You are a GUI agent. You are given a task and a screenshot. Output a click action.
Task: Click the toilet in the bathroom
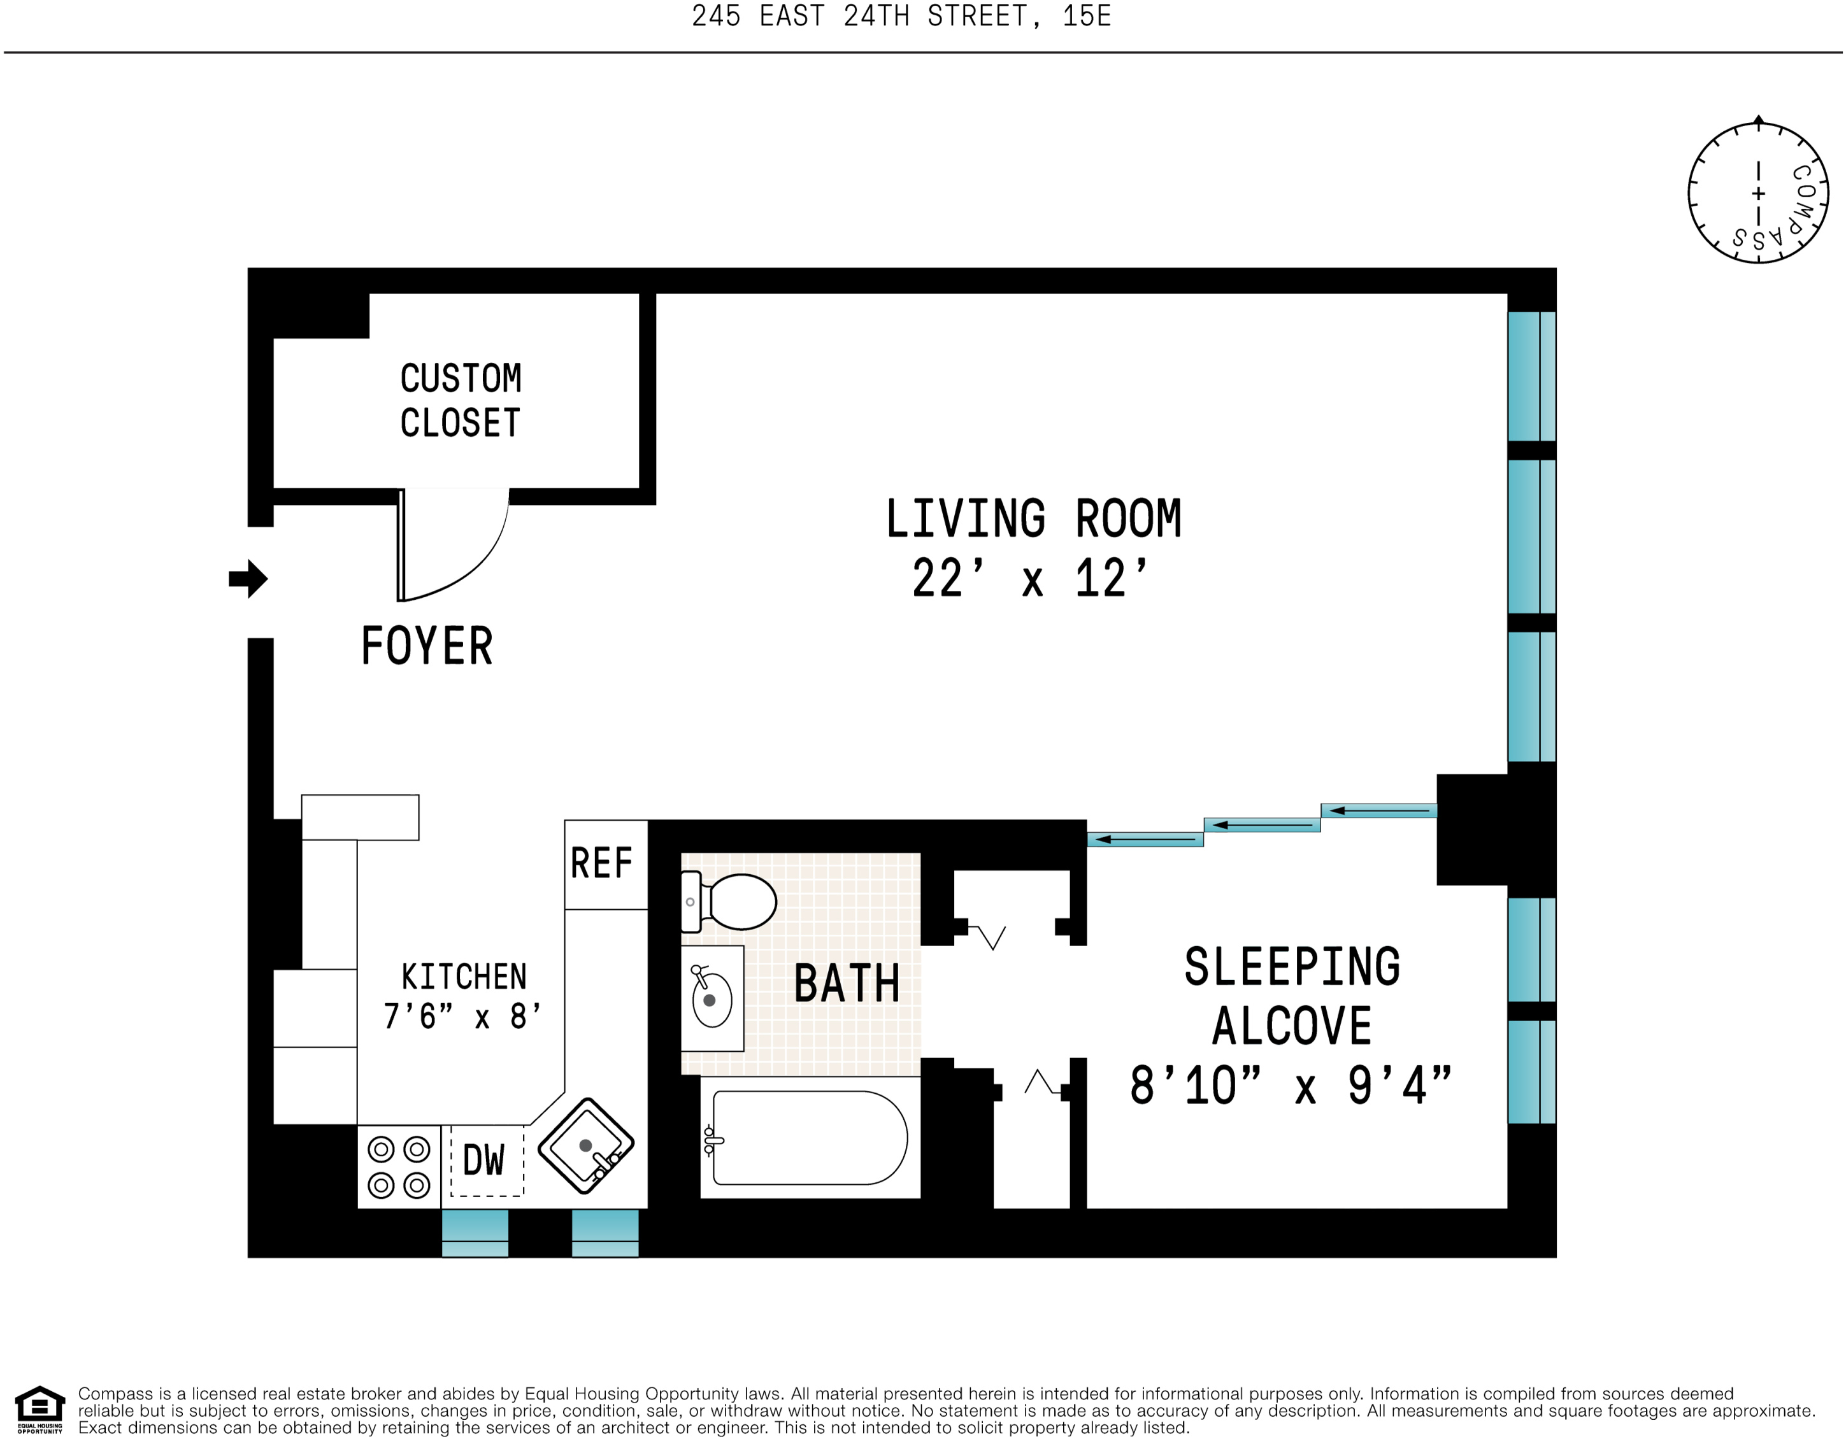point(729,902)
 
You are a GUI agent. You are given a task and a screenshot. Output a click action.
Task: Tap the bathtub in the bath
point(809,1137)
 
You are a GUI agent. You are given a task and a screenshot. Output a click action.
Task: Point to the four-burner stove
point(399,1166)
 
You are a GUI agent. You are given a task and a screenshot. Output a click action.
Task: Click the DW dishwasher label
point(483,1160)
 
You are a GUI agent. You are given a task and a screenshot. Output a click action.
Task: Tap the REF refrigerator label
point(601,863)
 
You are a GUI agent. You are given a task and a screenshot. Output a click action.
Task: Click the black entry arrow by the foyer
point(248,579)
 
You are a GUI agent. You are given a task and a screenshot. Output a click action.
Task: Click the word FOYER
point(427,646)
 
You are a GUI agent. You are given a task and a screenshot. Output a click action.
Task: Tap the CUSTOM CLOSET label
point(461,400)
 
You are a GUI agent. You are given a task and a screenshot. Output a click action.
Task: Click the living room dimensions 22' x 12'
point(1031,579)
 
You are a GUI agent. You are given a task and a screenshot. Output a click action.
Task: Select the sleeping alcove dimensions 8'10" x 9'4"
point(1291,1086)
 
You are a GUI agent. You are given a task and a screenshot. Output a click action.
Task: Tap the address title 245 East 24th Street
point(901,16)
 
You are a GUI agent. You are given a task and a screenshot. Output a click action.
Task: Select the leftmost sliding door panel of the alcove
point(1145,840)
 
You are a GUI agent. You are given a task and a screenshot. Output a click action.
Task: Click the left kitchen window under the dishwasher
point(475,1233)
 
